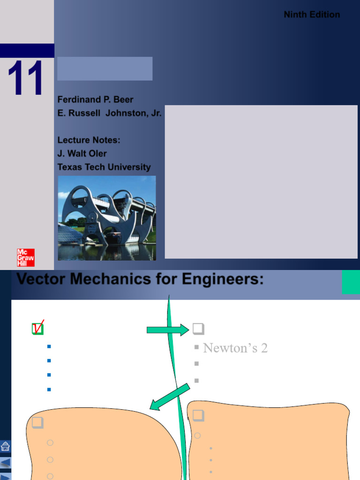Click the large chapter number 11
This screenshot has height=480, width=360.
click(26, 78)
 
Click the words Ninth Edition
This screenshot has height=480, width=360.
click(312, 15)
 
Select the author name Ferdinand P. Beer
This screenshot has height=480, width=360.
click(95, 99)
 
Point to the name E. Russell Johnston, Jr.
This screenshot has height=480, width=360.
click(109, 113)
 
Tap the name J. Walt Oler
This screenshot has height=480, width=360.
click(82, 153)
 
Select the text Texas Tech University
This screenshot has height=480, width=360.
click(104, 167)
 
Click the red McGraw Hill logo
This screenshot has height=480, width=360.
click(26, 257)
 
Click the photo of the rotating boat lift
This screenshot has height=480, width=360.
click(107, 218)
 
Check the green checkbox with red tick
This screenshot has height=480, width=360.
click(37, 329)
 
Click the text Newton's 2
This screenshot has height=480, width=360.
click(235, 348)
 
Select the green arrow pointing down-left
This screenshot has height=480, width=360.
click(170, 397)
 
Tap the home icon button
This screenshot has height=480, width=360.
click(6, 446)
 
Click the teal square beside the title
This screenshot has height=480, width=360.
click(351, 282)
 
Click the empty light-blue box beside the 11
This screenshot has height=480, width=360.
click(105, 69)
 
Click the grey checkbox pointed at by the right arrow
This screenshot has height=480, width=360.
click(198, 329)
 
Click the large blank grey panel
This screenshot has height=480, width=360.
click(261, 181)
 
